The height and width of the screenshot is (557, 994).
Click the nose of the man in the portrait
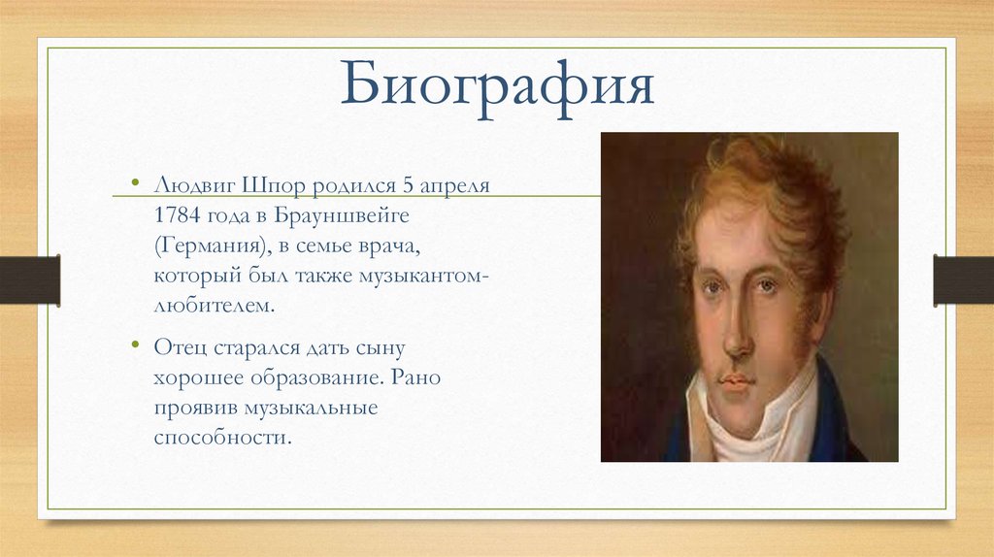point(738,335)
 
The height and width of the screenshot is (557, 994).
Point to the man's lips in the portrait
point(735,379)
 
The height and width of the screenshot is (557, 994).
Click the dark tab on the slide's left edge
point(29,279)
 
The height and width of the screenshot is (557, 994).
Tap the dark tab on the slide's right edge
point(964,279)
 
